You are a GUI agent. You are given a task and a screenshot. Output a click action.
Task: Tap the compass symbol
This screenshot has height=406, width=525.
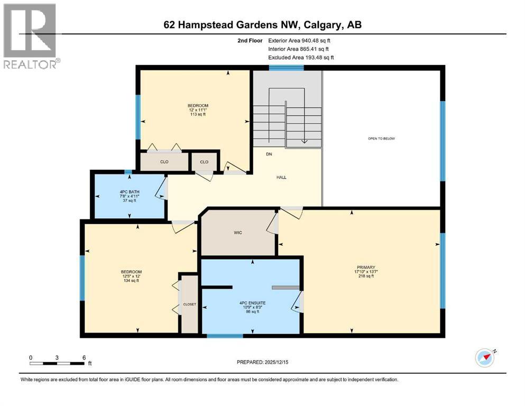[x=484, y=358]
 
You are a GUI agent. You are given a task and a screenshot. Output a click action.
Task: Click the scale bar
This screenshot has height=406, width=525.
[x=57, y=363]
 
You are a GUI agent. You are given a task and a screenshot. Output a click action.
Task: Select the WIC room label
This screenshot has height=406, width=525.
[x=238, y=233]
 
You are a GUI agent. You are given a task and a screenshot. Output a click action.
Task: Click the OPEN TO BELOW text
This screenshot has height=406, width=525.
[x=381, y=139]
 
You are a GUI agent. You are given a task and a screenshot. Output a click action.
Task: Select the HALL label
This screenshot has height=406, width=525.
[x=282, y=177]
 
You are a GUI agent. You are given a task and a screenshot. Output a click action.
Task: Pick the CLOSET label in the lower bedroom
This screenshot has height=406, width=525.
[x=189, y=304]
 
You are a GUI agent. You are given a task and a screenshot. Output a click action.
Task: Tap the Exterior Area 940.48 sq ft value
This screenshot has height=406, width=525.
[x=300, y=40]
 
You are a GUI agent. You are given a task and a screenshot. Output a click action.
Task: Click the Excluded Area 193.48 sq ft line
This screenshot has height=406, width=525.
[x=301, y=57]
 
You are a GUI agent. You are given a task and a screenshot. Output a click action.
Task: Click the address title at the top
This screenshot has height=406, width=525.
[x=262, y=25]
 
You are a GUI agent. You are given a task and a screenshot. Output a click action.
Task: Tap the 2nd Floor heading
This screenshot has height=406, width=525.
[x=251, y=40]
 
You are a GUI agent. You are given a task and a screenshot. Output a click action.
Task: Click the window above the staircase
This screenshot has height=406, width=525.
[x=286, y=68]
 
